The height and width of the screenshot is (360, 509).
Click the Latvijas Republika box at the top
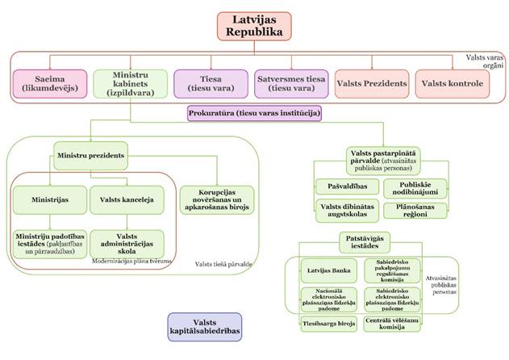[x=253, y=25]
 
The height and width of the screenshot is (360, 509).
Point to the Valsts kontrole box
[x=449, y=84]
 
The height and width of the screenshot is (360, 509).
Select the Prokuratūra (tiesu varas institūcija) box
[x=255, y=114]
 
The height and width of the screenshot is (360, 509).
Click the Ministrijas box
[x=46, y=198]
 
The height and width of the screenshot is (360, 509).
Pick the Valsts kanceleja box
[x=127, y=198]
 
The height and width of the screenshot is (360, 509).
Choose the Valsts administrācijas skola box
[x=127, y=243]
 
